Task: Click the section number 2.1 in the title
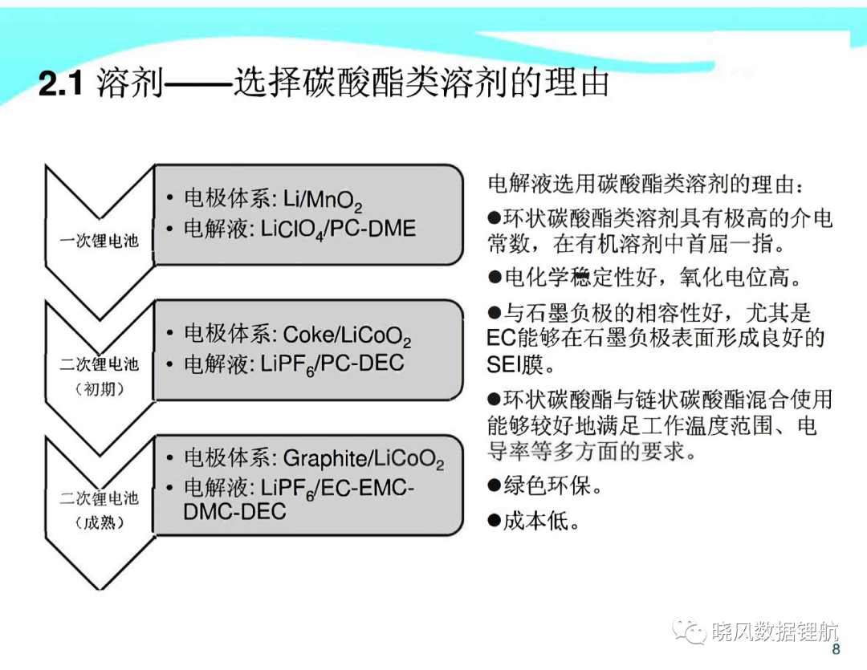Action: click(61, 84)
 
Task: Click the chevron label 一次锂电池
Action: click(99, 241)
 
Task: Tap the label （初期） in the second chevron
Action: click(100, 388)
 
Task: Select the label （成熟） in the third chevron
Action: click(100, 522)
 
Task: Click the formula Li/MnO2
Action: click(323, 200)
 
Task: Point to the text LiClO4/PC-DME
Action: click(338, 229)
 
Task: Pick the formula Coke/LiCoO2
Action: click(348, 335)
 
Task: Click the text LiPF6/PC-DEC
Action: click(332, 364)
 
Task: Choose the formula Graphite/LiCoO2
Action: click(364, 460)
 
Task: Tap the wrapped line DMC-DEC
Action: click(234, 511)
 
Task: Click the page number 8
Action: click(836, 649)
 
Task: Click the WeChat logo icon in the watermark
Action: click(689, 631)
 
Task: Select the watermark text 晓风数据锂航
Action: click(774, 631)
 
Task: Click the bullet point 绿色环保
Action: click(544, 486)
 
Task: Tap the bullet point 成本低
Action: click(534, 521)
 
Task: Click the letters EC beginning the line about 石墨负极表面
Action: click(501, 338)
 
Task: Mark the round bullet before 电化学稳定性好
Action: click(495, 277)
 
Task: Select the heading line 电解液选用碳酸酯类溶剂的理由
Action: click(645, 184)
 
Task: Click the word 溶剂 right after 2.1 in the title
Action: click(131, 83)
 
